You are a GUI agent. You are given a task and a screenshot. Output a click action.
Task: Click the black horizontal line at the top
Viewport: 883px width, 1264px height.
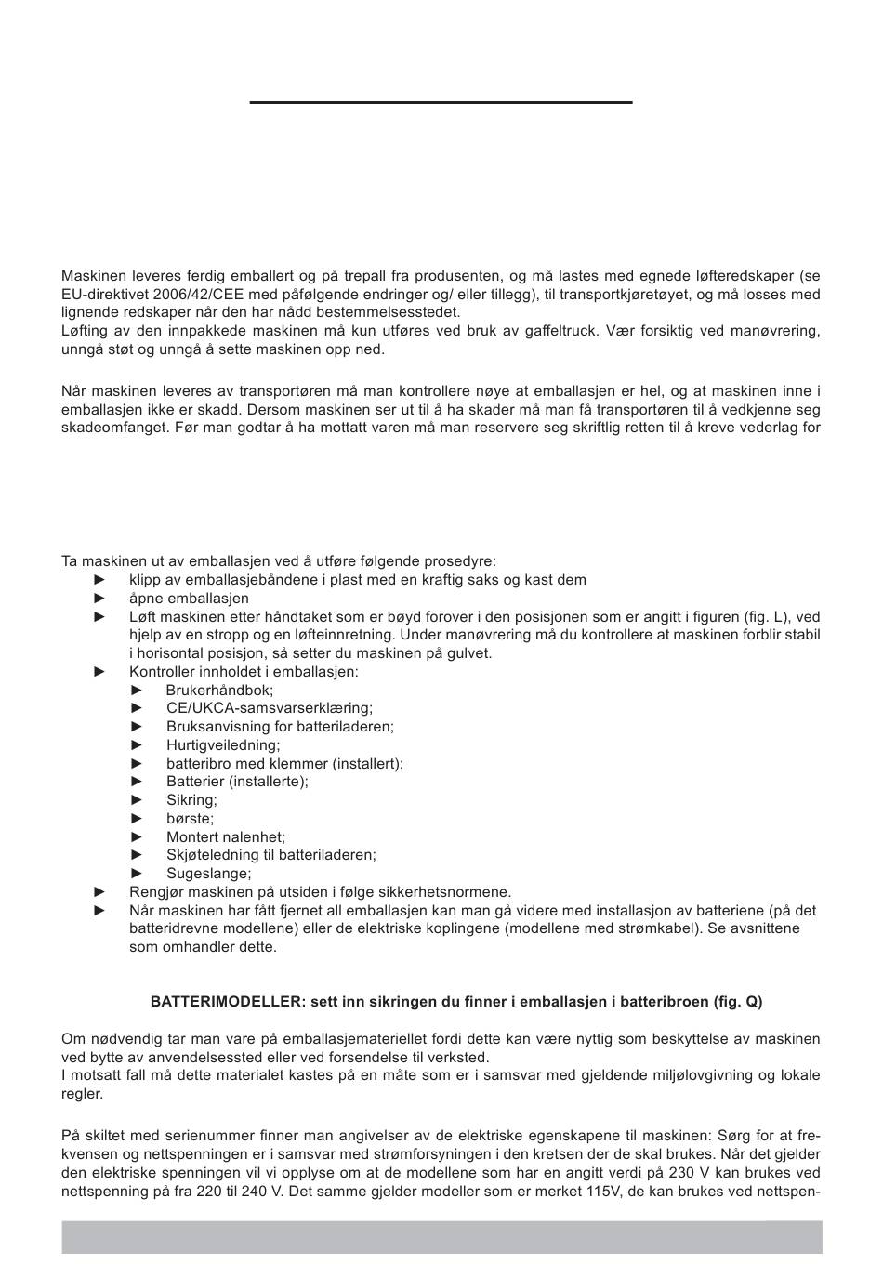coord(441,101)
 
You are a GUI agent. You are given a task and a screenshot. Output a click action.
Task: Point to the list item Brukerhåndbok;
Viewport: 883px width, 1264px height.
coord(219,690)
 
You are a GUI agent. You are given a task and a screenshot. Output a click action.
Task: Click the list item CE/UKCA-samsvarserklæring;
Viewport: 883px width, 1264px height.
coord(270,708)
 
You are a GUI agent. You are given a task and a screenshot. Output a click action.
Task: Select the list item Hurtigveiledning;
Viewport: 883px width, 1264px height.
coord(223,744)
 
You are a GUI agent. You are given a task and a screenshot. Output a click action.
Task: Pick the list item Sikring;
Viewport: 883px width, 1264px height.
coord(191,799)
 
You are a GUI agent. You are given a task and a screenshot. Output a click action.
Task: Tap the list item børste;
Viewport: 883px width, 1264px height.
coord(190,818)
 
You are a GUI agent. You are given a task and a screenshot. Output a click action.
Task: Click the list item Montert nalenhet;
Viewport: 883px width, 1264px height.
coord(226,836)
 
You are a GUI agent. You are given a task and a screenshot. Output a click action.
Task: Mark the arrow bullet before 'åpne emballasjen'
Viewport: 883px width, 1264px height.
coord(101,599)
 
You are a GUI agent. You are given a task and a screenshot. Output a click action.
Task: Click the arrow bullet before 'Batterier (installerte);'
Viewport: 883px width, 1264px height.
coord(138,782)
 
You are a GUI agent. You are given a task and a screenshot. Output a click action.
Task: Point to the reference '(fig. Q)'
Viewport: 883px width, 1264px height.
coord(739,1002)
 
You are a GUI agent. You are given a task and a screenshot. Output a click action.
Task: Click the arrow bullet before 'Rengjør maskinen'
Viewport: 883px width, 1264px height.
coord(101,891)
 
